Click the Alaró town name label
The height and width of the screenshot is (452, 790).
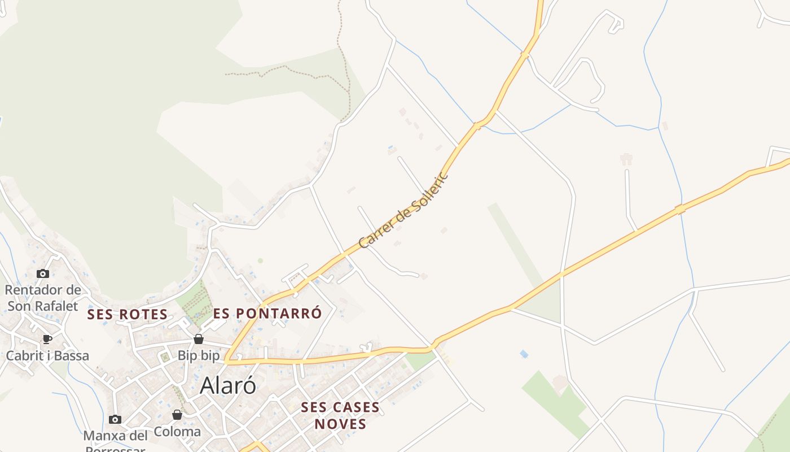coord(228,385)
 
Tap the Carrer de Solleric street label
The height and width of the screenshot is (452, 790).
coord(403,210)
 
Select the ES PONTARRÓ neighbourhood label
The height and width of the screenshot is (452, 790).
coord(267,313)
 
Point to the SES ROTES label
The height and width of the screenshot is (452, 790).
coord(128,314)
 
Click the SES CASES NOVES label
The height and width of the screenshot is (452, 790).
coord(340,415)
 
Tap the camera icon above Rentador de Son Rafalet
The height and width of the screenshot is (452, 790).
coord(42,274)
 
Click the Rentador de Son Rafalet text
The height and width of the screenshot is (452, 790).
coord(43,298)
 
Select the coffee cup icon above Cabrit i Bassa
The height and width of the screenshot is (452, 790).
coord(47,339)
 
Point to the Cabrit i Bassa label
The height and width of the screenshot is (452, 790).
coord(47,356)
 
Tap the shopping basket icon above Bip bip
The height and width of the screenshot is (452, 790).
coord(199,339)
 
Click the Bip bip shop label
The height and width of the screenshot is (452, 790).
coord(199,356)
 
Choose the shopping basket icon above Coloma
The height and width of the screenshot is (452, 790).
coord(177,415)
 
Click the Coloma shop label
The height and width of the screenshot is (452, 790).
coord(177,432)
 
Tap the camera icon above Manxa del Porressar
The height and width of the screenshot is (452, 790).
coord(115,419)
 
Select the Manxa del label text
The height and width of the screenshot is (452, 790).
coord(115,436)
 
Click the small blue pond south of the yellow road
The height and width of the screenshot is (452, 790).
coord(524,354)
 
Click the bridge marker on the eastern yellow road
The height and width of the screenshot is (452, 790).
coord(680,210)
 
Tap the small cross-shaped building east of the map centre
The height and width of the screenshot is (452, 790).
coord(626,159)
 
